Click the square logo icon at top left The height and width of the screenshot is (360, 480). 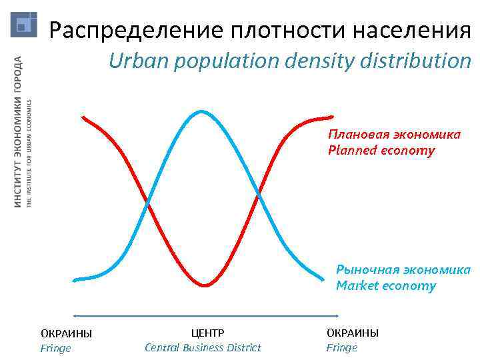pyautogui.click(x=24, y=25)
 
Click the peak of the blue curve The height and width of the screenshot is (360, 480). pyautogui.click(x=201, y=111)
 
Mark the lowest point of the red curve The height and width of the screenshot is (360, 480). pyautogui.click(x=205, y=285)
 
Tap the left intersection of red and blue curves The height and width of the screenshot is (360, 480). pyautogui.click(x=147, y=201)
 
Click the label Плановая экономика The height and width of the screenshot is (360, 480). pyautogui.click(x=393, y=135)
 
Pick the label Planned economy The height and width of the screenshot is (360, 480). pyautogui.click(x=381, y=150)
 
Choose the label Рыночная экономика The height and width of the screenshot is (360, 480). pyautogui.click(x=403, y=270)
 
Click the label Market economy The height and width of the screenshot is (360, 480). pyautogui.click(x=385, y=286)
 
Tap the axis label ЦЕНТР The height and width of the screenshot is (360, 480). pyautogui.click(x=207, y=333)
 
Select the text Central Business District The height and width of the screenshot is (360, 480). pyautogui.click(x=203, y=347)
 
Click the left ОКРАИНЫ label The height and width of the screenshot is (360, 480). pyautogui.click(x=66, y=333)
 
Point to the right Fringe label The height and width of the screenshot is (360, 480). pyautogui.click(x=341, y=347)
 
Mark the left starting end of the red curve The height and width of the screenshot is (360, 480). pyautogui.click(x=83, y=117)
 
